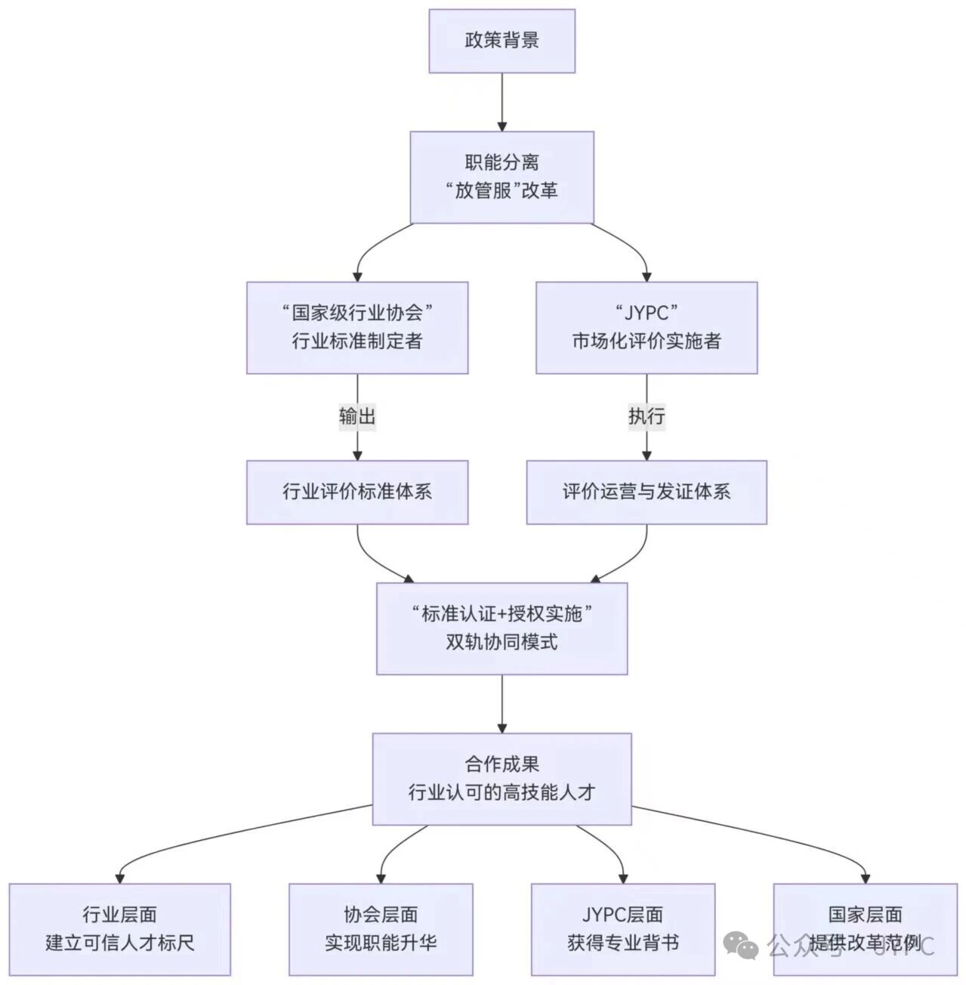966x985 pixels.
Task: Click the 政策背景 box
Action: point(502,41)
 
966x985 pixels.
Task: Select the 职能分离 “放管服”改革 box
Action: point(502,177)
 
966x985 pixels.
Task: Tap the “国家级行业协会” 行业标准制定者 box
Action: point(356,327)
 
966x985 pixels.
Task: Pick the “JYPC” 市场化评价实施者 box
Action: point(646,327)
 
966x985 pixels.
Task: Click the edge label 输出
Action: point(356,416)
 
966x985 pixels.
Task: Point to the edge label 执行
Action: point(647,416)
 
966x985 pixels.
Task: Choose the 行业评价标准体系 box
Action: point(356,492)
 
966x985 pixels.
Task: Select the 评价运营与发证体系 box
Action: point(646,492)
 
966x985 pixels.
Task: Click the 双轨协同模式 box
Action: point(502,628)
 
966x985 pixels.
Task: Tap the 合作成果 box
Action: point(502,778)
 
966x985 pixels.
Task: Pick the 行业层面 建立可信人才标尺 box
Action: point(119,929)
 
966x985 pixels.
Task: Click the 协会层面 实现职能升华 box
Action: point(381,929)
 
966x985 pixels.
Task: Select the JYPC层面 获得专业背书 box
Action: point(622,929)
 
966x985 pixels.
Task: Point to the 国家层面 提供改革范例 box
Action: point(865,929)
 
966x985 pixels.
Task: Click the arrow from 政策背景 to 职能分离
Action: point(502,101)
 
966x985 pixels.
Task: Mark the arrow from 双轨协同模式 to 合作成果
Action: point(502,702)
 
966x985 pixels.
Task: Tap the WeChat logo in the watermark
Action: point(740,944)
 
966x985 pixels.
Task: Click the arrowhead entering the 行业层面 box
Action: point(119,878)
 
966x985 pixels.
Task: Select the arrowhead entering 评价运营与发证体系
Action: point(647,455)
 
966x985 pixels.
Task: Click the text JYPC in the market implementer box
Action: point(646,313)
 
